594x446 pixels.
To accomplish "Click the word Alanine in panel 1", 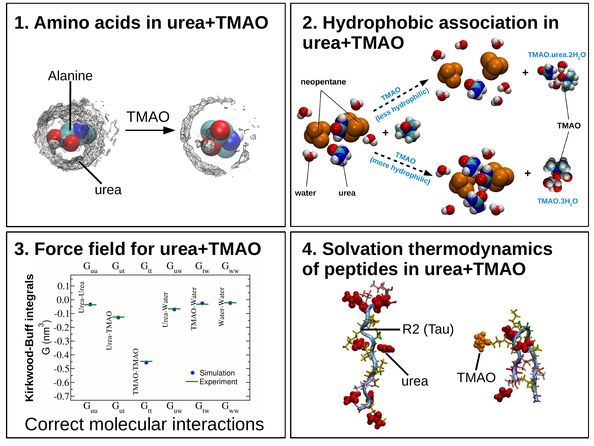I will [x=70, y=76].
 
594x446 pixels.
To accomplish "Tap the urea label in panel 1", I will [x=108, y=190].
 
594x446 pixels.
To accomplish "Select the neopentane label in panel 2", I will [x=323, y=82].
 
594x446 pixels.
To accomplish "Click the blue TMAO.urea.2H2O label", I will [x=557, y=55].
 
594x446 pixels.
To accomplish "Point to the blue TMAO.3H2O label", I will [x=557, y=201].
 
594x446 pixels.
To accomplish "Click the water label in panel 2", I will [x=305, y=193].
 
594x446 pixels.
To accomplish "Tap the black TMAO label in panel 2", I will [x=569, y=126].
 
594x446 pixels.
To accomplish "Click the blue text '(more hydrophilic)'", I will [x=400, y=171].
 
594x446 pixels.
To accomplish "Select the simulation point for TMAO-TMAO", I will [x=146, y=363].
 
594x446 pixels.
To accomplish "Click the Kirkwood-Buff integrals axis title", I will [x=29, y=337].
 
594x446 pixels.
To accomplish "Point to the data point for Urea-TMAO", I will [x=118, y=317].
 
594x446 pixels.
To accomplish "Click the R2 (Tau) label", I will [x=428, y=329].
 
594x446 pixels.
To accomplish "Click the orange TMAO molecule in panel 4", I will [x=481, y=342].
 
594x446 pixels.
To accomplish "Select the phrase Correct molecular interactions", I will [x=144, y=424].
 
